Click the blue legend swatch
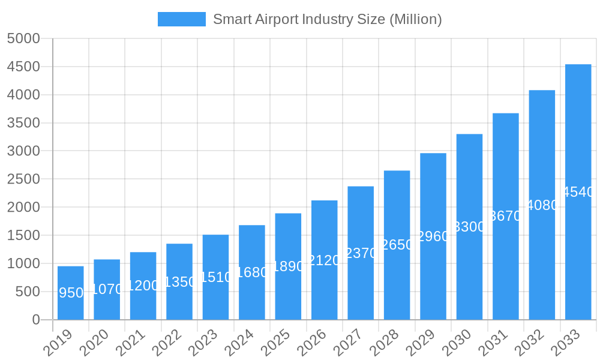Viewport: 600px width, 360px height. coord(181,19)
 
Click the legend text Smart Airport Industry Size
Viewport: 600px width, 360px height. coord(327,19)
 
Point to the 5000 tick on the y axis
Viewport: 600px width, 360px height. coord(23,38)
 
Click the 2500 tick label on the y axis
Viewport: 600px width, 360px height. coord(23,179)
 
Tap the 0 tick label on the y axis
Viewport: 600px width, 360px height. coord(35,320)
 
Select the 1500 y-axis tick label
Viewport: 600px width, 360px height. coord(23,235)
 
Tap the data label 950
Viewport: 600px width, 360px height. coord(71,293)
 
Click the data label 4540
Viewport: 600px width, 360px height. coord(578,192)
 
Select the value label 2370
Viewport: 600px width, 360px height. coord(361,253)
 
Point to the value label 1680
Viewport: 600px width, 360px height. coord(252,272)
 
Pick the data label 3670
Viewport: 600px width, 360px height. coord(506,216)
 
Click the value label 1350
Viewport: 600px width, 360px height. coord(179,282)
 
